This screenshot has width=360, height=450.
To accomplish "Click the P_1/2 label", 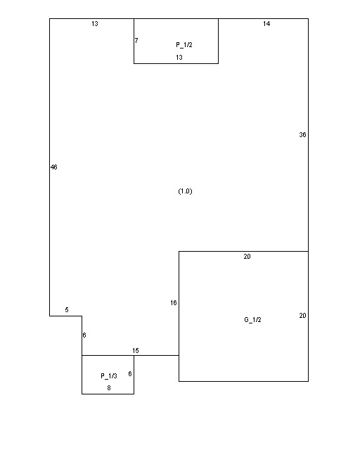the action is click(184, 45).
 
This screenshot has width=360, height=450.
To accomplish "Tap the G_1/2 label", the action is click(252, 320).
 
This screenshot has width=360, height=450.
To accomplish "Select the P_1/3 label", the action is click(109, 376).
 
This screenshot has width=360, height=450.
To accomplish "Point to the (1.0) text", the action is click(185, 191).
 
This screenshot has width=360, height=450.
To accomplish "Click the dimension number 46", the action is click(53, 167).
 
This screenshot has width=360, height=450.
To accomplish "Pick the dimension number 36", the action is click(302, 134).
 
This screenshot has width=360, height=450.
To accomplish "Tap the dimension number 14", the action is click(266, 24).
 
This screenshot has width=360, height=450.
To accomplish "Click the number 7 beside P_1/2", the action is click(136, 41).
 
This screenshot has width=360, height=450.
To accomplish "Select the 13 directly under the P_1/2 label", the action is click(179, 58).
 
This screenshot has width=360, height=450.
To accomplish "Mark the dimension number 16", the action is click(174, 303).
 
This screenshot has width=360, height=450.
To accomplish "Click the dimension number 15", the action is click(136, 350).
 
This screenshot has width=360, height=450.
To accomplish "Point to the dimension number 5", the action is click(67, 309).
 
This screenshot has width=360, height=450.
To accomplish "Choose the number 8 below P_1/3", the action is click(109, 388).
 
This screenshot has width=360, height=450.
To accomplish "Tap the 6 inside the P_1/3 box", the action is click(130, 373).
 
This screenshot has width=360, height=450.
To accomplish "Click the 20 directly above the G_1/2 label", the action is click(247, 257).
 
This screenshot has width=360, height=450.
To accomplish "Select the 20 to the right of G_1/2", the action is click(302, 316).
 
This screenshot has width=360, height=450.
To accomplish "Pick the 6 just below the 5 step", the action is click(84, 335).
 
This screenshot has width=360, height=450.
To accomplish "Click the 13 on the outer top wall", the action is click(95, 24).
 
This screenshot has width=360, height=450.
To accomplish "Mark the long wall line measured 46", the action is click(50, 167).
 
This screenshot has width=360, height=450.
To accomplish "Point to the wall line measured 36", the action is click(309, 135).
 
